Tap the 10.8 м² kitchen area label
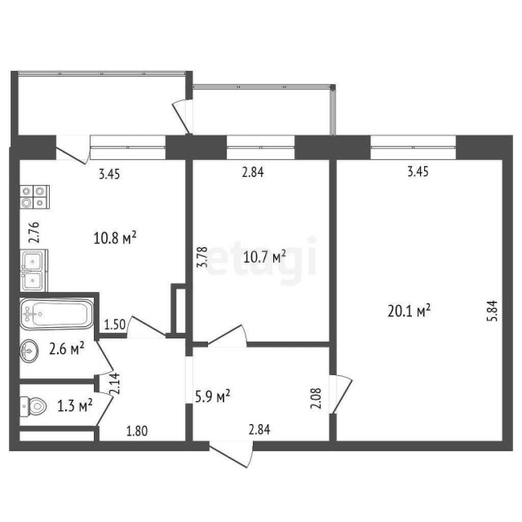click(x=115, y=238)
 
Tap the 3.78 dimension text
click(x=203, y=258)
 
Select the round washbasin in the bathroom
click(x=30, y=352)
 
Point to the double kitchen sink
click(x=33, y=271)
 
